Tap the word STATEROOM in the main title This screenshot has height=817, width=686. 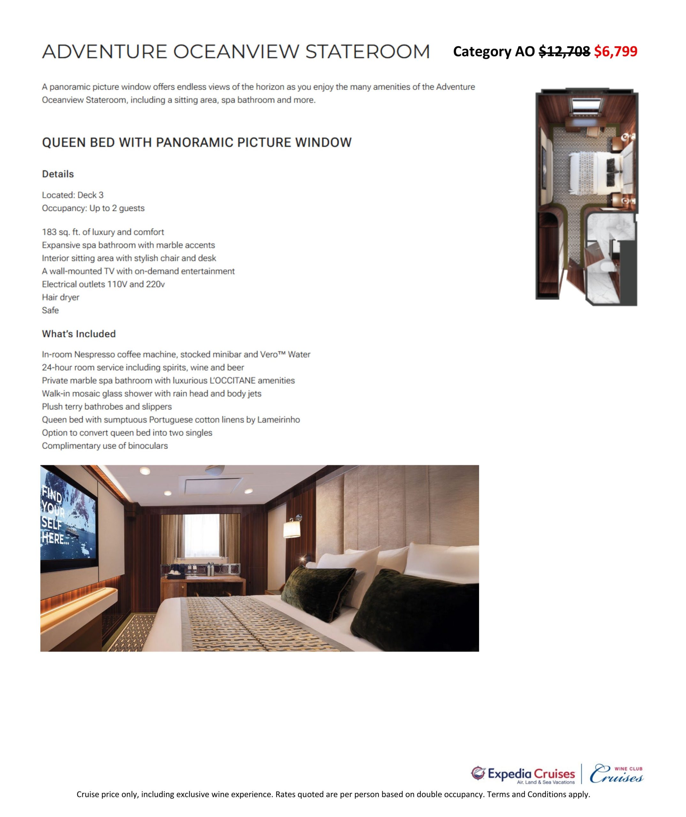(x=367, y=52)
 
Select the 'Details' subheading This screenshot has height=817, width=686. (x=58, y=174)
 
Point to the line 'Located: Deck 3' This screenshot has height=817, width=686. (x=73, y=195)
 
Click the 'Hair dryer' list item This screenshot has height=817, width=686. (x=61, y=297)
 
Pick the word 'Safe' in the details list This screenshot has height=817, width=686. (x=50, y=310)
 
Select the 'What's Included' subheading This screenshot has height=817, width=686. (x=79, y=334)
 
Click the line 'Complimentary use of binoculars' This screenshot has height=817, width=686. (x=105, y=446)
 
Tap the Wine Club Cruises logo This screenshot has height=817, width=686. (x=616, y=774)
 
